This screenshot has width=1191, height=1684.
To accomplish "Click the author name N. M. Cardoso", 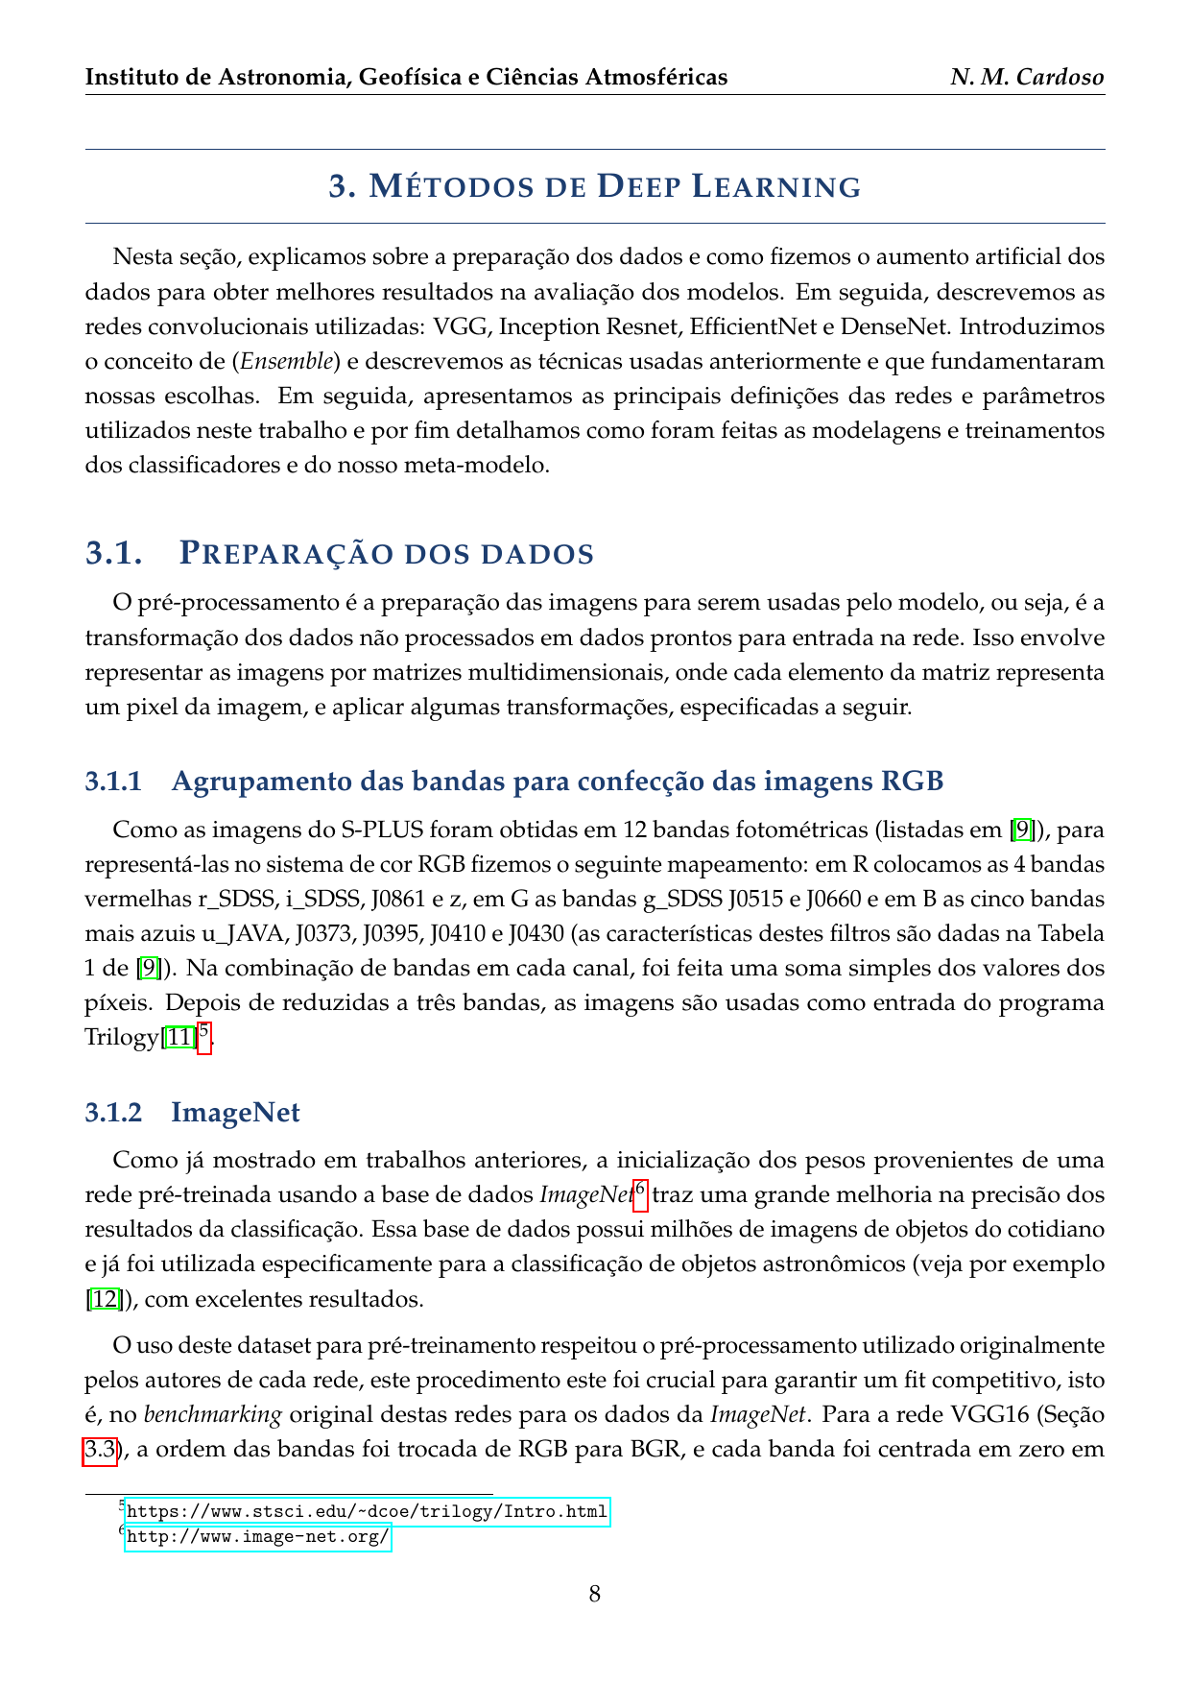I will [x=1027, y=77].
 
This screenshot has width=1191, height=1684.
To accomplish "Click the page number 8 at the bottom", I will [x=595, y=1595].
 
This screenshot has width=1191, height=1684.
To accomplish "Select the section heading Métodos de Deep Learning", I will [x=595, y=186].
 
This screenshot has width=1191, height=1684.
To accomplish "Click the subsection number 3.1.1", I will [x=113, y=782].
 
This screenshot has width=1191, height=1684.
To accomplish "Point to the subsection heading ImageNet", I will [x=235, y=1113].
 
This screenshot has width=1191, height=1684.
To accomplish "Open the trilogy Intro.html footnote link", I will [x=367, y=1511].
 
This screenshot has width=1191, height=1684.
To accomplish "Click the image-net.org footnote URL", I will [x=257, y=1537].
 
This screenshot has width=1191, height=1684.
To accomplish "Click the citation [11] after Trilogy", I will [x=179, y=1038].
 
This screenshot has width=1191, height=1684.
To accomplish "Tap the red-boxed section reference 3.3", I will [x=100, y=1450].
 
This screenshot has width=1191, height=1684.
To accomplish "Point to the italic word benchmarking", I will [x=212, y=1415].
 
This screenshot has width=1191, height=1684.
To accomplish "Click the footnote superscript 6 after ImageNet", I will [x=640, y=1190].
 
